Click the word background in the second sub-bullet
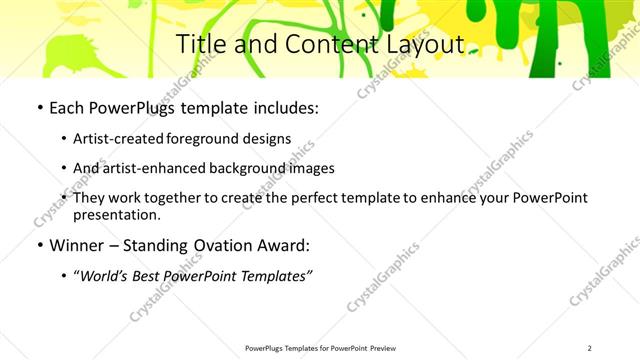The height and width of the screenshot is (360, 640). click(245, 168)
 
